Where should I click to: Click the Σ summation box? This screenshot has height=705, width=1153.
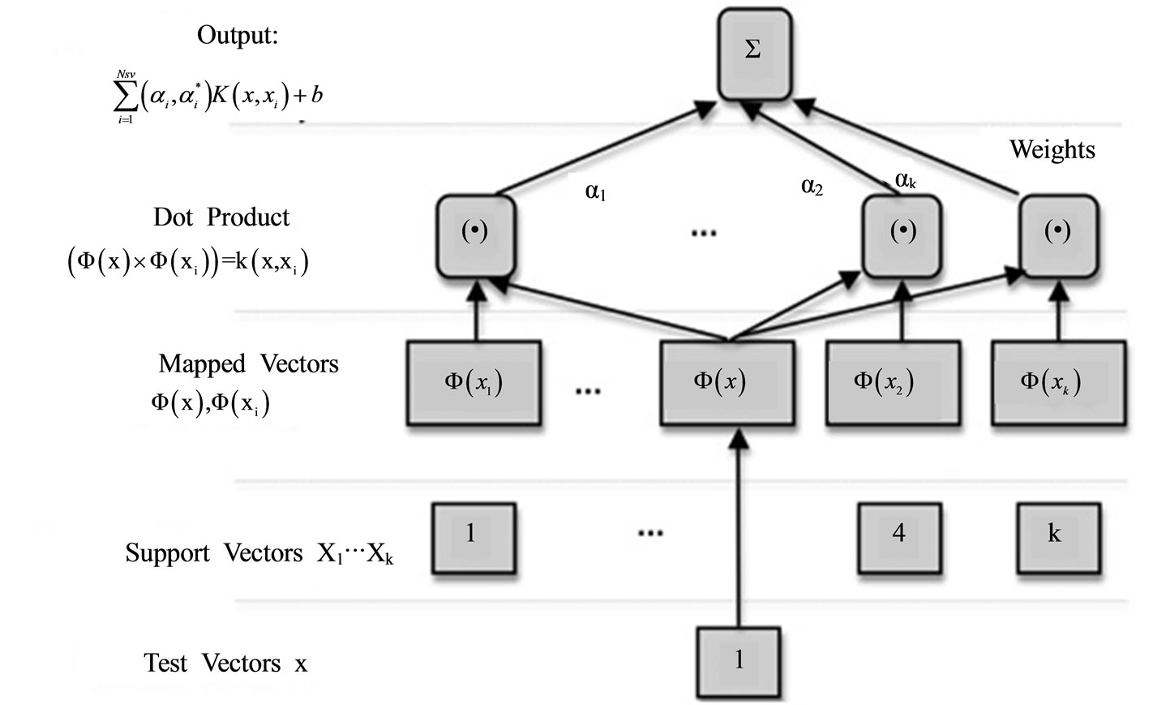click(x=753, y=53)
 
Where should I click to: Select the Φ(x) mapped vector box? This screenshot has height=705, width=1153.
click(x=727, y=382)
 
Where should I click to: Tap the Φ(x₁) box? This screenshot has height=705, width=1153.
click(x=474, y=382)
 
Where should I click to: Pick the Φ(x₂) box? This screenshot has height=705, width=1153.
click(x=892, y=382)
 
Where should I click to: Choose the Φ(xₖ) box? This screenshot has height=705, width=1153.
click(x=1057, y=382)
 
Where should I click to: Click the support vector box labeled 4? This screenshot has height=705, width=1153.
click(x=899, y=536)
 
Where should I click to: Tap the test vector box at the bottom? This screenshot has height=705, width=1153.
click(x=739, y=661)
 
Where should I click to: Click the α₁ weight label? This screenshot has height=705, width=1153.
click(x=596, y=192)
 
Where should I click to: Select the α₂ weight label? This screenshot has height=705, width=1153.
click(x=812, y=187)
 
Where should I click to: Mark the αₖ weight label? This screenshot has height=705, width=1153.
click(x=905, y=180)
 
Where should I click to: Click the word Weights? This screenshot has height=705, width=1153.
click(x=1052, y=149)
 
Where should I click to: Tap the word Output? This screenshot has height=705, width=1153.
click(x=237, y=35)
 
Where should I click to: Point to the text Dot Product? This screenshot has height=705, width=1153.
click(x=221, y=217)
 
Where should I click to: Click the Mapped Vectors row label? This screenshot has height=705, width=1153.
click(x=248, y=363)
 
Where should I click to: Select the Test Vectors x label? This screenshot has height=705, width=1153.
click(x=225, y=664)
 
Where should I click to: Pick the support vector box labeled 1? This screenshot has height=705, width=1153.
click(x=473, y=536)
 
